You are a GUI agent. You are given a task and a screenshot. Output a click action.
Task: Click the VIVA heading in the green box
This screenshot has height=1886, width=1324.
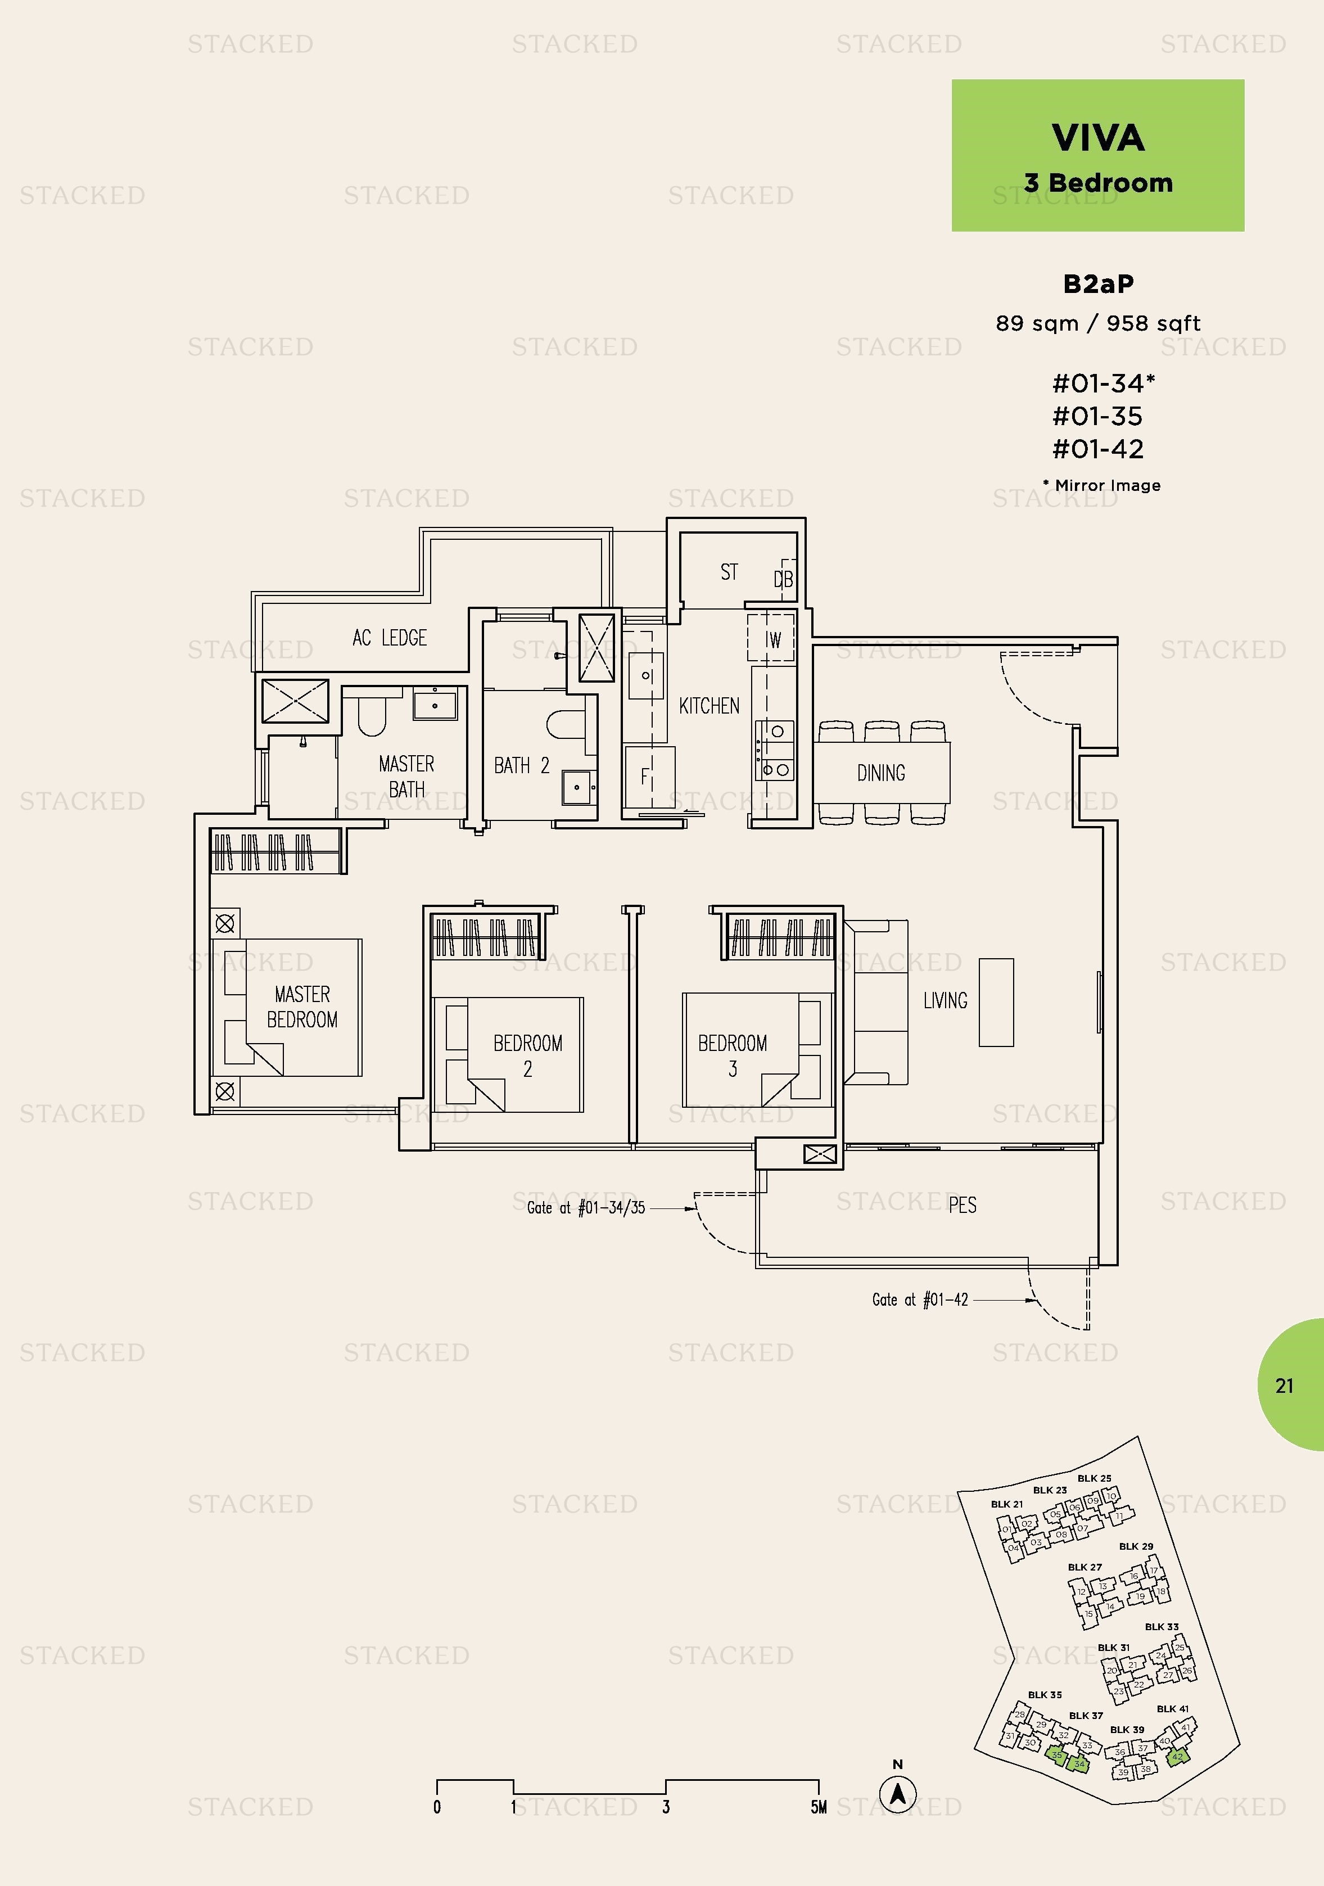[1097, 138]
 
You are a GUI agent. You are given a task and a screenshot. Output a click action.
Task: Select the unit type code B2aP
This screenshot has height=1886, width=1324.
[1097, 284]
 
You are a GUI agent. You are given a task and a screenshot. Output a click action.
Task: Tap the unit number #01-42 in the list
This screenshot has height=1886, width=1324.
[1097, 449]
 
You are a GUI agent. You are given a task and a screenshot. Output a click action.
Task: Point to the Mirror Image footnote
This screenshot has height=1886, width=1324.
[1102, 485]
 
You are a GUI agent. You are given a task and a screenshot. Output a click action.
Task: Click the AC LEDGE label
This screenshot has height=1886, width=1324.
[389, 638]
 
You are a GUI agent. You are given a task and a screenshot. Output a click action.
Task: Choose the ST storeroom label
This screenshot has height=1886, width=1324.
[729, 572]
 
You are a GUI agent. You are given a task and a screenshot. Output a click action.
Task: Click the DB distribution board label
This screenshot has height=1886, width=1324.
[783, 580]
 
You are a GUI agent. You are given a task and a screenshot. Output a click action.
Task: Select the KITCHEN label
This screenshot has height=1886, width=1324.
[709, 706]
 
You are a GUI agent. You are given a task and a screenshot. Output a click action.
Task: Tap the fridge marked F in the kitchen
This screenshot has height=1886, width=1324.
[647, 776]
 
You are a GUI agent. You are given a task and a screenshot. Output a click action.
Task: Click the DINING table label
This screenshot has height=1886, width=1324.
[880, 773]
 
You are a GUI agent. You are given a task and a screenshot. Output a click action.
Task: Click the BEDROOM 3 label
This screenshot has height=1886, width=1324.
[732, 1055]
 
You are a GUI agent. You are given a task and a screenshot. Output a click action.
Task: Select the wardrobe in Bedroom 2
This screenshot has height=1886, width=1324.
[485, 937]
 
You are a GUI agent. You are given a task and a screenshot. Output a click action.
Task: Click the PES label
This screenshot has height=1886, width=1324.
[962, 1205]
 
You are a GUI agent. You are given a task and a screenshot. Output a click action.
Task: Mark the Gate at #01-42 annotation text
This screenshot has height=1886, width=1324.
[919, 1300]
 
